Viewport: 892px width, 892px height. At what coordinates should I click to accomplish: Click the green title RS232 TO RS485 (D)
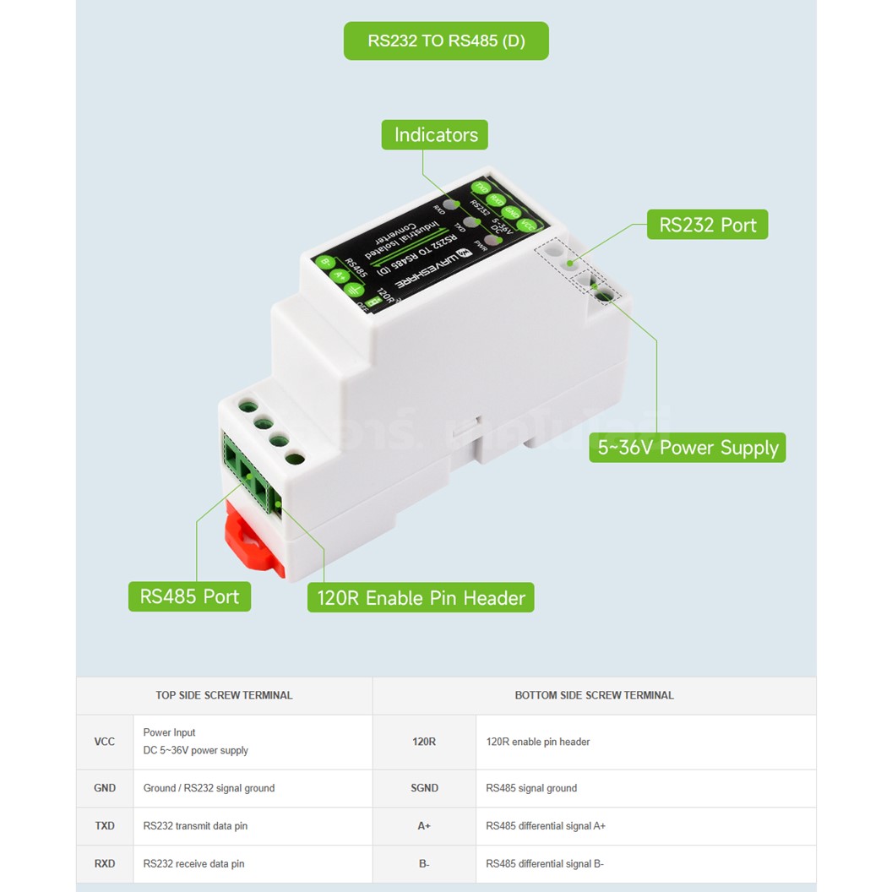(446, 41)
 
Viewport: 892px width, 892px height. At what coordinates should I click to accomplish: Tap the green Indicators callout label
(435, 134)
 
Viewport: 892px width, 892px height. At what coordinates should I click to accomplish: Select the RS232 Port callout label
(708, 225)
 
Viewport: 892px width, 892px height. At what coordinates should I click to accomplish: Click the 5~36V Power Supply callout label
(688, 448)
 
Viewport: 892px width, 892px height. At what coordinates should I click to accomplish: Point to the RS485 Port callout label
(189, 596)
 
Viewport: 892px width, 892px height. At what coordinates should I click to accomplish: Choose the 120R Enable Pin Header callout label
(421, 598)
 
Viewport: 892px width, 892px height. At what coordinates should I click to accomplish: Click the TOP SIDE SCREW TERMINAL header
(224, 695)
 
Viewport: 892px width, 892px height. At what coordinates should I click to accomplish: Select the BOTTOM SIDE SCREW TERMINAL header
(594, 695)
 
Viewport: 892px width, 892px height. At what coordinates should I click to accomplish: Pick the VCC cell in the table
(105, 742)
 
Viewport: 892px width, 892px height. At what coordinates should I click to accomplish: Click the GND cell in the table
(105, 788)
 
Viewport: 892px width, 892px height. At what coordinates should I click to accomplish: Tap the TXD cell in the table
(105, 826)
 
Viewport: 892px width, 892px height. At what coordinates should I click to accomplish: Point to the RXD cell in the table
(105, 864)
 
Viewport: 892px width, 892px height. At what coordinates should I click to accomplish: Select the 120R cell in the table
(424, 742)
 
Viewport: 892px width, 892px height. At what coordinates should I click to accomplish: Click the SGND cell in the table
(424, 788)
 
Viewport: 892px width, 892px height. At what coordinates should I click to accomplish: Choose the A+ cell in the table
(424, 826)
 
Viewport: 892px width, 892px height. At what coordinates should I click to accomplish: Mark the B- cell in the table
(424, 864)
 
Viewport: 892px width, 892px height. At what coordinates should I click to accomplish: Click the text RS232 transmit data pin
(195, 826)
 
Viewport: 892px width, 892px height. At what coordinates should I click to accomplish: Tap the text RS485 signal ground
(531, 788)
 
